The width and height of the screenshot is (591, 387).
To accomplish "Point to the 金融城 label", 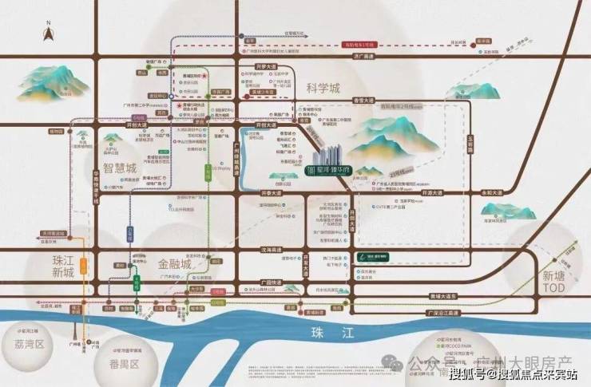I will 176,263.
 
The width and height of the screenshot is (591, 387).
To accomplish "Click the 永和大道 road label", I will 515,192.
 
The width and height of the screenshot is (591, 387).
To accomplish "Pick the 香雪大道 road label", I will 363,101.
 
